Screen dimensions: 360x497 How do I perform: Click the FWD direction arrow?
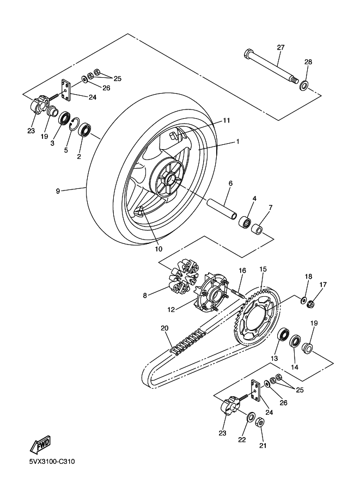(x=40, y=444)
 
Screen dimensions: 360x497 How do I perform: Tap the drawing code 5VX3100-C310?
(x=52, y=462)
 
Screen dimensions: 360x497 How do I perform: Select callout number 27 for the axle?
(x=280, y=47)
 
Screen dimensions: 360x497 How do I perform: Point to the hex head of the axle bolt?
(x=248, y=53)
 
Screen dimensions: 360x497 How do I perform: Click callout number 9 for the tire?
(x=58, y=191)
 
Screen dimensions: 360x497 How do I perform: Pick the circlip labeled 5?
(x=74, y=124)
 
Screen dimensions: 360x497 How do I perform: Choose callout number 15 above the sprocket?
(x=263, y=269)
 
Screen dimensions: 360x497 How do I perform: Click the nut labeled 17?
(x=311, y=304)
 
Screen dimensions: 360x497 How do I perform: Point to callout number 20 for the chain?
(x=164, y=328)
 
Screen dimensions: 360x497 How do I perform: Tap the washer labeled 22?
(x=250, y=417)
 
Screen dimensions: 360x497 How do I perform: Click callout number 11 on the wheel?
(x=226, y=120)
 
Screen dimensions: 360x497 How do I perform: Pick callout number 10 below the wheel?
(x=158, y=249)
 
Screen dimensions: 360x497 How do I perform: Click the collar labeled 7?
(x=257, y=229)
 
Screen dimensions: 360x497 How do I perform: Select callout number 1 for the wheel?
(x=237, y=142)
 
